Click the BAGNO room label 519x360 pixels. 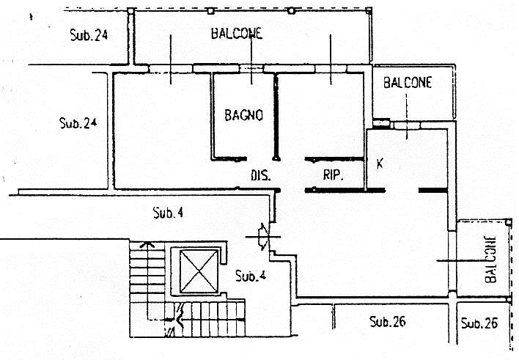pyautogui.click(x=243, y=115)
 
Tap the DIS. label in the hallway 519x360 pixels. pyautogui.click(x=260, y=175)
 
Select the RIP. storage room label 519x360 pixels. pyautogui.click(x=333, y=175)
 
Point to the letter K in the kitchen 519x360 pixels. pyautogui.click(x=380, y=164)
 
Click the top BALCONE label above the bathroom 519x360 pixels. pyautogui.click(x=237, y=34)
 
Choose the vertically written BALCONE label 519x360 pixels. pyautogui.click(x=490, y=260)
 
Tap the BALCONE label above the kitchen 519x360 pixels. pyautogui.click(x=408, y=82)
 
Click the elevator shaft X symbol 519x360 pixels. pyautogui.click(x=199, y=271)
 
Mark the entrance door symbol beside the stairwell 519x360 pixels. pyautogui.click(x=264, y=237)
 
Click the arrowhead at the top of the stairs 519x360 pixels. pyautogui.click(x=147, y=245)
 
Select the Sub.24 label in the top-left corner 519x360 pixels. pyautogui.click(x=89, y=34)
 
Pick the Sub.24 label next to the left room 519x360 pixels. pyautogui.click(x=78, y=123)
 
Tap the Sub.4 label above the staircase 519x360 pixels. pyautogui.click(x=168, y=213)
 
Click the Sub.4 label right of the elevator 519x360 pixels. pyautogui.click(x=251, y=276)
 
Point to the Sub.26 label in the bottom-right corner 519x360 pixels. pyautogui.click(x=479, y=323)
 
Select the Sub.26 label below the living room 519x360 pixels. pyautogui.click(x=388, y=321)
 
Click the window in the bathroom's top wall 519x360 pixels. pyautogui.click(x=251, y=68)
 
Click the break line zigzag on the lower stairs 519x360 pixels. pyautogui.click(x=178, y=320)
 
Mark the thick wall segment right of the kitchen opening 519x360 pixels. pyautogui.click(x=433, y=190)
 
